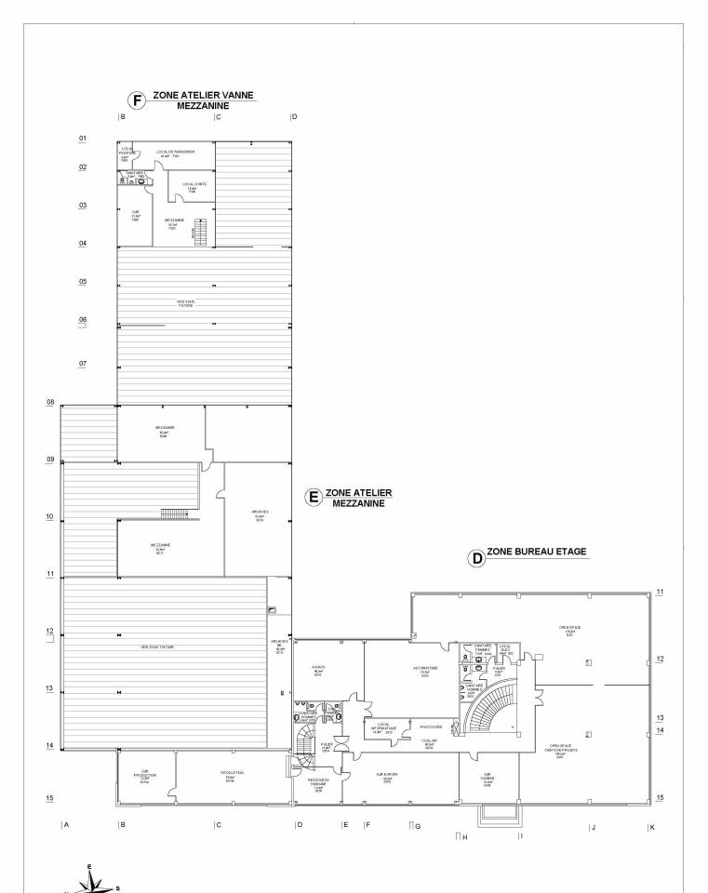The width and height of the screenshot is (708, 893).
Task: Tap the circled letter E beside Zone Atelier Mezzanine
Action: (x=314, y=497)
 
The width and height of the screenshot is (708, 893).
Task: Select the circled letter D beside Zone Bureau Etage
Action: (x=477, y=561)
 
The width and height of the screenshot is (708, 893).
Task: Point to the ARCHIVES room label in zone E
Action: (x=260, y=513)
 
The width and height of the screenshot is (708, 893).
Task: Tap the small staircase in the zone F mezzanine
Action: (x=193, y=233)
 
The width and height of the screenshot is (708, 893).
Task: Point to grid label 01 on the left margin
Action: (x=82, y=139)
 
